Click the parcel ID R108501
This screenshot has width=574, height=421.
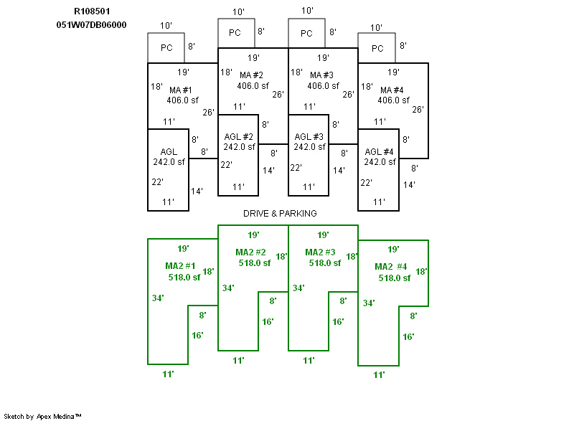92,11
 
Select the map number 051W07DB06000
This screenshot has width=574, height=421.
92,24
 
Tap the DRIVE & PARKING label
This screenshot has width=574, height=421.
279,214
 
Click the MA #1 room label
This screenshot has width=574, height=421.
182,90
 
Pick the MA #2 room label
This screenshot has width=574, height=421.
252,75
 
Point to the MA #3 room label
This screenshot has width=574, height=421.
322,75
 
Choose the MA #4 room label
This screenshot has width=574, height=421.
392,90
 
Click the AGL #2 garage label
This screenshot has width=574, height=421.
239,137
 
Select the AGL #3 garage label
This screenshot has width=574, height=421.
309,137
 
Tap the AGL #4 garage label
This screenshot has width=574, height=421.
380,151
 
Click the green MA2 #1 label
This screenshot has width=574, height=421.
181,266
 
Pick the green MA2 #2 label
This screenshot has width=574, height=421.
251,252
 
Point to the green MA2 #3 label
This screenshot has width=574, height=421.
321,252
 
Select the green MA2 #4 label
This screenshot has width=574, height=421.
391,267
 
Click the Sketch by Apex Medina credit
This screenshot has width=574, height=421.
43,416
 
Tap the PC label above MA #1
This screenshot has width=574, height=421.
166,48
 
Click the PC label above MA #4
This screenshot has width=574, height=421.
377,48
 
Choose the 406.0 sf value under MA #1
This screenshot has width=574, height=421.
182,100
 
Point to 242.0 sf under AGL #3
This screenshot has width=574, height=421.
309,147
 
